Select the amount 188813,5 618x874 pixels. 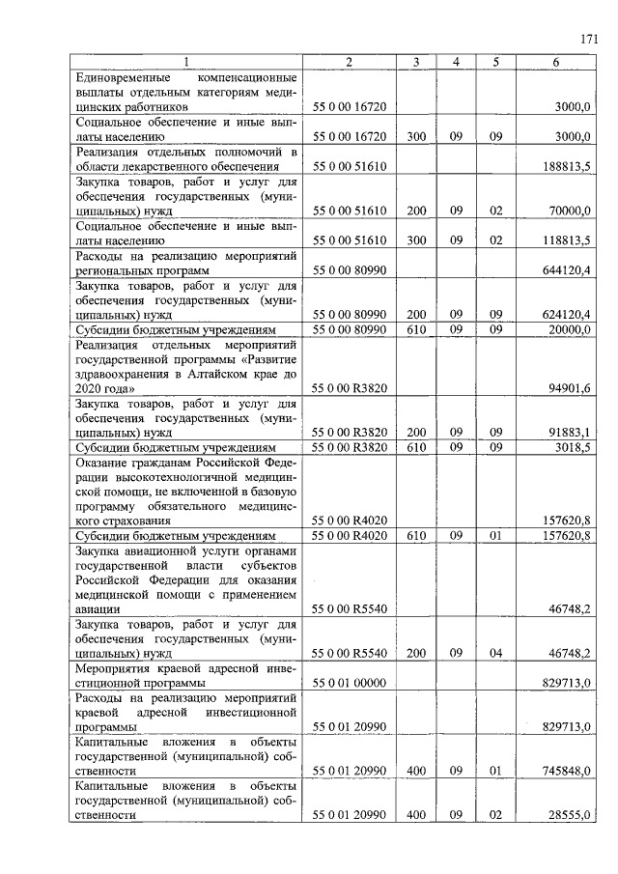point(567,166)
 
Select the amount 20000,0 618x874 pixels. point(570,329)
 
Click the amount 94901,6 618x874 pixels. point(570,388)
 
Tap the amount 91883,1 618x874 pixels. point(570,433)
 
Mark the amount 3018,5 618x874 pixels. point(573,448)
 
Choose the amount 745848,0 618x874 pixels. point(567,771)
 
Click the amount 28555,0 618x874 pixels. point(570,815)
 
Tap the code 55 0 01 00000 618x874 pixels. point(349,684)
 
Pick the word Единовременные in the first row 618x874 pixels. point(122,76)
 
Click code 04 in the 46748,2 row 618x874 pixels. point(494,654)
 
